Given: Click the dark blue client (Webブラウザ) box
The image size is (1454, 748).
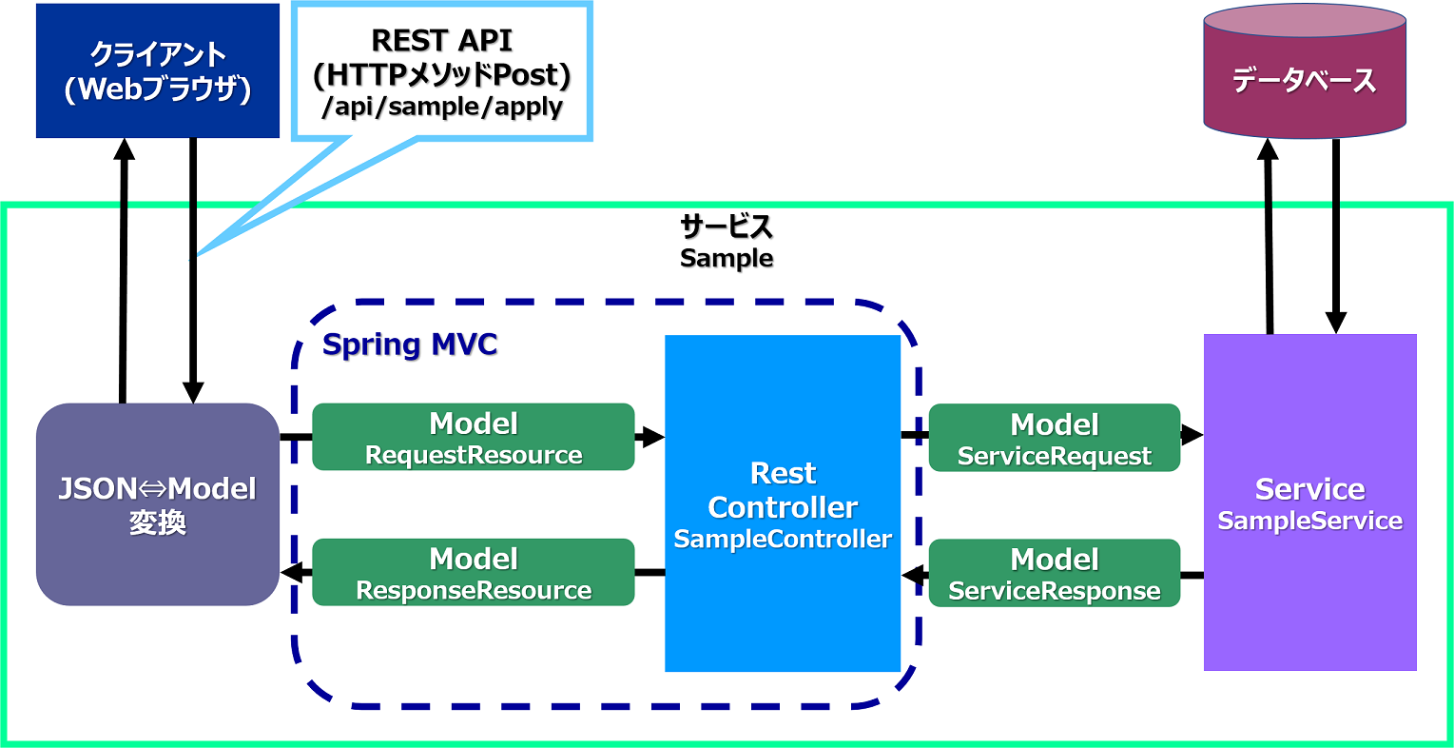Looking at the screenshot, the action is [x=158, y=70].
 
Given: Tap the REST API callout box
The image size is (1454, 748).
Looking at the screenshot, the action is [x=442, y=71].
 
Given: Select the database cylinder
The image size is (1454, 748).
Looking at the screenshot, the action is [x=1305, y=70].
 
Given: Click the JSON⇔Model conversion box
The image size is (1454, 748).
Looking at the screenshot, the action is [x=158, y=504].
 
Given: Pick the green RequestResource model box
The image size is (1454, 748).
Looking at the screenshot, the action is [x=474, y=437].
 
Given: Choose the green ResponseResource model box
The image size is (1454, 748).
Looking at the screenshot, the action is [x=474, y=572].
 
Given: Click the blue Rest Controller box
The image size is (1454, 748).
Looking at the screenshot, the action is [x=783, y=503].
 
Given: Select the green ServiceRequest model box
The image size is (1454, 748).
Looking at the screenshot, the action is [x=1055, y=438].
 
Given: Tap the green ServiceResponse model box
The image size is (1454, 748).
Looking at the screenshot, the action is [x=1055, y=573].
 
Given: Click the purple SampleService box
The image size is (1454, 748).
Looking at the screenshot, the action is [x=1309, y=502].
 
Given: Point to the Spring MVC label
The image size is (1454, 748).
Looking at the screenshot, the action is [x=410, y=344].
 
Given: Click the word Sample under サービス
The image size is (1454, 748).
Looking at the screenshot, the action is [x=727, y=258].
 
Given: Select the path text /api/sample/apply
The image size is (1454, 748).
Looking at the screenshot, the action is [x=442, y=106].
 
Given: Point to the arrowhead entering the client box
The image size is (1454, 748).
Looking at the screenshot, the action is [x=124, y=148].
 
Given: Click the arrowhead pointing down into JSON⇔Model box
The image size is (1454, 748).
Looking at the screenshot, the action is [x=193, y=392].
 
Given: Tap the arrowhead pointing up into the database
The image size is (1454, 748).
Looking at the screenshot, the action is [x=1268, y=149].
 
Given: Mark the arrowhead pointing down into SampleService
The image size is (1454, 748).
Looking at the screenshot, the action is [x=1336, y=323].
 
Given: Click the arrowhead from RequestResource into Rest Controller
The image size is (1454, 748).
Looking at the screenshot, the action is [x=650, y=437].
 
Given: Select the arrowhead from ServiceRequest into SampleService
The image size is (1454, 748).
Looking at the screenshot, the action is [x=1192, y=435].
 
